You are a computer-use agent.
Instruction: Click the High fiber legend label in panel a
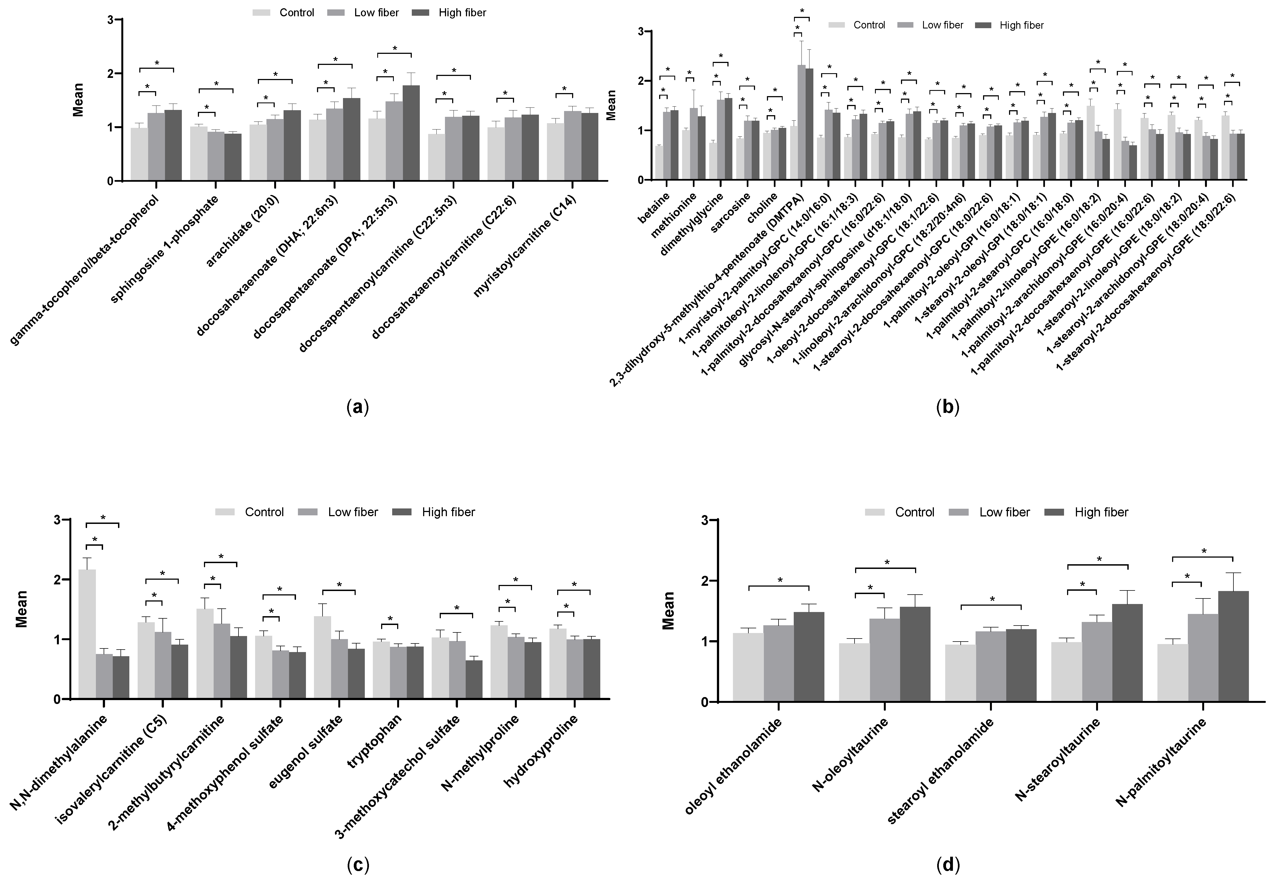click(462, 13)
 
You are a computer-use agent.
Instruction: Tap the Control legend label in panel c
click(264, 512)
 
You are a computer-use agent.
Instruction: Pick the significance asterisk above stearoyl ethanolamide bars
click(992, 600)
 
